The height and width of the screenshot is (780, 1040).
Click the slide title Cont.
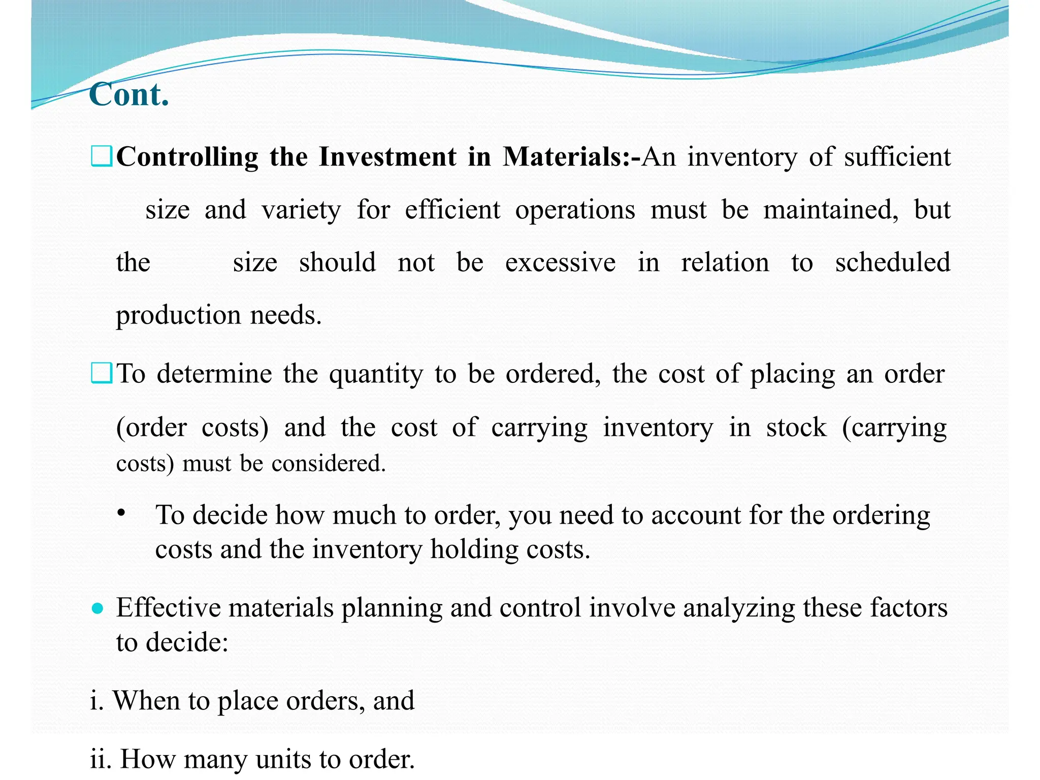pos(129,94)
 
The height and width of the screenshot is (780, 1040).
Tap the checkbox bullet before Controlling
pos(102,156)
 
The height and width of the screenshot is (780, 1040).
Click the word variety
pos(301,210)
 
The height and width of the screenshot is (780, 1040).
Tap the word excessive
pos(560,263)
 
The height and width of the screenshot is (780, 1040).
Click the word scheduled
pos(893,263)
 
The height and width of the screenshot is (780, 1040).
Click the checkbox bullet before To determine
pos(102,374)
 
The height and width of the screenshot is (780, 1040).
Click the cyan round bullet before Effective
pos(97,608)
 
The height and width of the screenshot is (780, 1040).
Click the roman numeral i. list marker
pos(96,701)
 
